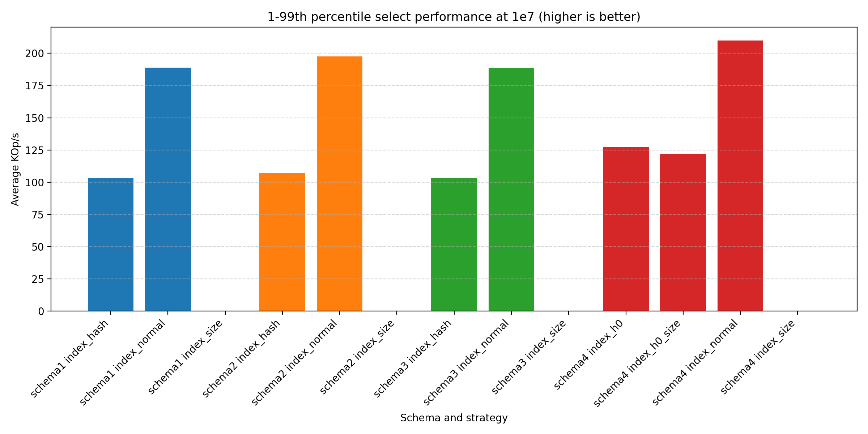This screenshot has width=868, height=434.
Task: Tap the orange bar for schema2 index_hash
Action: coord(282,242)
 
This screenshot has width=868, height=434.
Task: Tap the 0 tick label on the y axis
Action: coord(41,311)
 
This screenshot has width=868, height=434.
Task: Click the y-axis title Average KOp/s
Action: coord(15,169)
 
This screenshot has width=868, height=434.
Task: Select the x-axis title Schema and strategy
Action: coord(454,418)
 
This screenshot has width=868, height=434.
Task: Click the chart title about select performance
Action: coord(454,17)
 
